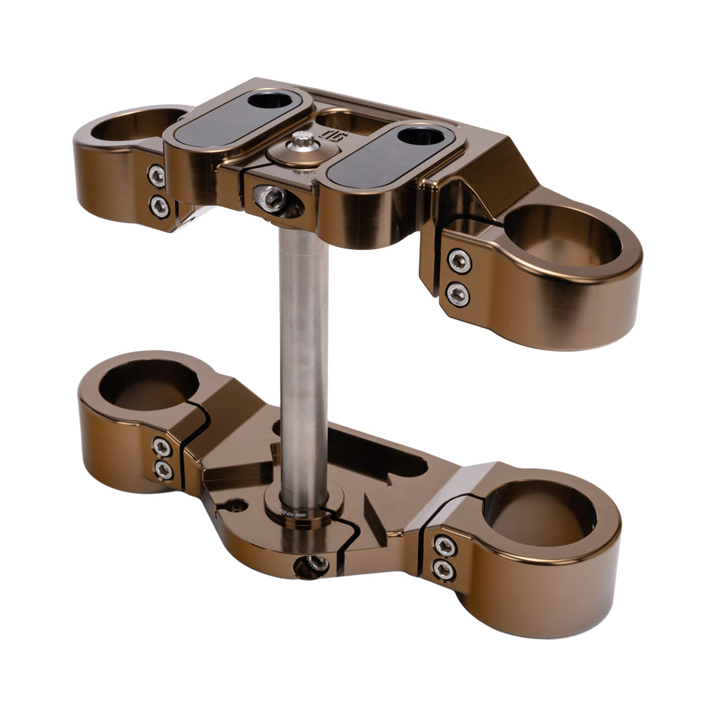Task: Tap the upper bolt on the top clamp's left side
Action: pyautogui.click(x=157, y=175)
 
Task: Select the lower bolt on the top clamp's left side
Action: pyautogui.click(x=159, y=205)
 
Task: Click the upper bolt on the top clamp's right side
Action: pyautogui.click(x=459, y=261)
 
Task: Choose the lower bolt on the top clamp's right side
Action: pyautogui.click(x=458, y=293)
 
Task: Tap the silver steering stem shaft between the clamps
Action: pyautogui.click(x=304, y=358)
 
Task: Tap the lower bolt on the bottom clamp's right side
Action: pyautogui.click(x=444, y=570)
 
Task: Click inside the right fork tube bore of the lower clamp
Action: pyautogui.click(x=538, y=511)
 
